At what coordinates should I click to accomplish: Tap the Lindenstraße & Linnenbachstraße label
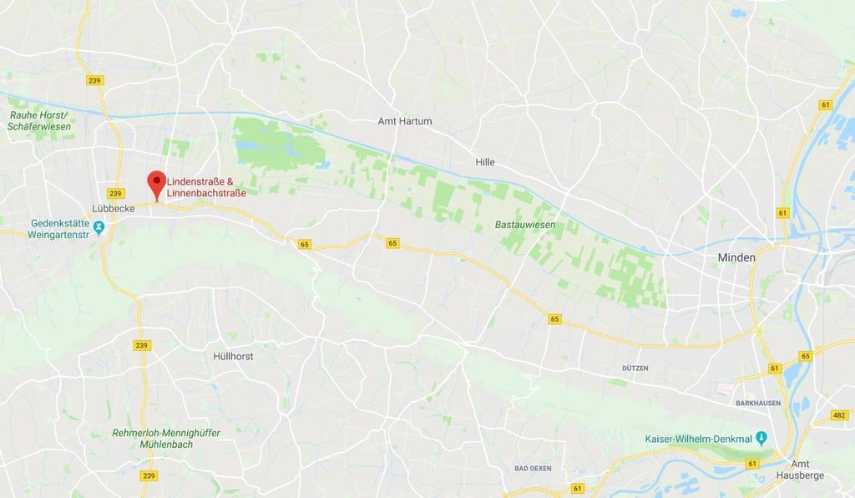206,187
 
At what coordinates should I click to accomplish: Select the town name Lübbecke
114,208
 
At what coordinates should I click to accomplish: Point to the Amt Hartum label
405,121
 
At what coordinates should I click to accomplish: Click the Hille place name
485,162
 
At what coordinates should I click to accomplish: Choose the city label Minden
736,258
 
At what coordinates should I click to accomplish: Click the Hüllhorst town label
233,356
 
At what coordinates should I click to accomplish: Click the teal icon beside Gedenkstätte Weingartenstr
99,226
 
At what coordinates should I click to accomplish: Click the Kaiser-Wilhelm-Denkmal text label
697,440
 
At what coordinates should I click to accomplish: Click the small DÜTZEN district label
635,368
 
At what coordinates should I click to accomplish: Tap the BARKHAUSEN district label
757,402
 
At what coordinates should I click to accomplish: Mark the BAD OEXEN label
533,469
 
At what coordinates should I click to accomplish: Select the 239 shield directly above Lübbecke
115,193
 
